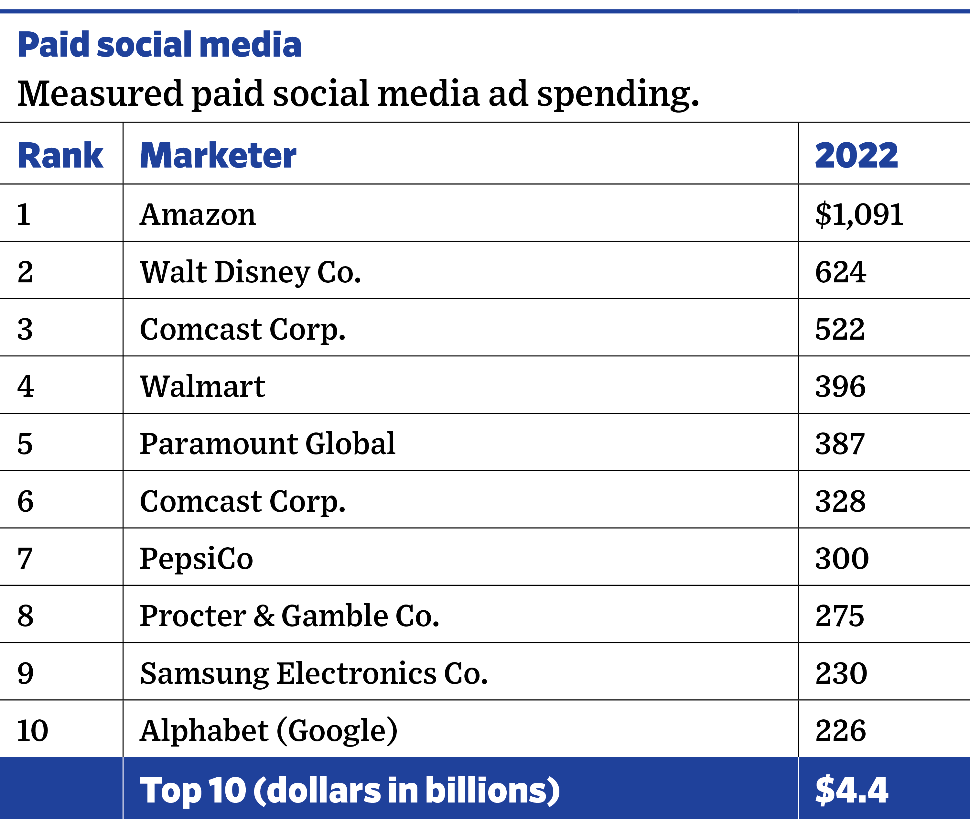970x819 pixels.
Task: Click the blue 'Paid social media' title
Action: coord(159,45)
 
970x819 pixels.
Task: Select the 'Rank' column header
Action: coord(60,156)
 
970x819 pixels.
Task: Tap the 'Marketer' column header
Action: coord(218,156)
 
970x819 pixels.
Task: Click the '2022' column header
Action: coord(856,156)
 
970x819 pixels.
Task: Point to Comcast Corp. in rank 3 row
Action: coord(243,330)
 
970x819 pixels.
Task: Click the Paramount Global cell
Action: coord(267,444)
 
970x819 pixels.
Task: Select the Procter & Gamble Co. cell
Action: coord(289,616)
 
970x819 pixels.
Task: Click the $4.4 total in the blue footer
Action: coord(852,791)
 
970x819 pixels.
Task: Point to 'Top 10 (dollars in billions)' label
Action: coord(350,791)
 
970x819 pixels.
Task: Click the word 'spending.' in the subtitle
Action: coord(618,94)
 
